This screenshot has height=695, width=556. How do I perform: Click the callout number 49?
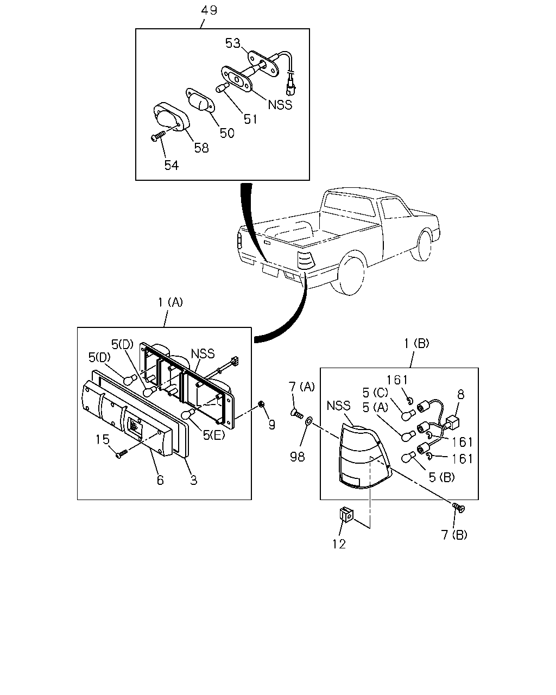tap(208, 10)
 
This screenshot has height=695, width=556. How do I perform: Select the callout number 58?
tap(201, 148)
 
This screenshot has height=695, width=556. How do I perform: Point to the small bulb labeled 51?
tap(223, 87)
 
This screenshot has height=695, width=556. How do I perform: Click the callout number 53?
tap(233, 43)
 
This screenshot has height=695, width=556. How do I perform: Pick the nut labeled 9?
tap(262, 403)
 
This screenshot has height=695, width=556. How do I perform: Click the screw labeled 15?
tap(122, 454)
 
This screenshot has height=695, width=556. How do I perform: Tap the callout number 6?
tap(160, 480)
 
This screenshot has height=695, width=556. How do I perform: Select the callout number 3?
tap(193, 480)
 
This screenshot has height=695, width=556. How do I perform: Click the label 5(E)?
tap(214, 435)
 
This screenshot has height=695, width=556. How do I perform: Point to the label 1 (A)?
tap(170, 302)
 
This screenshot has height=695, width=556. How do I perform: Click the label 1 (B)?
tap(416, 343)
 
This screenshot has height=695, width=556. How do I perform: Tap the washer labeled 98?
tap(308, 420)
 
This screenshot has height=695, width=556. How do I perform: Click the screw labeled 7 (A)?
tap(297, 413)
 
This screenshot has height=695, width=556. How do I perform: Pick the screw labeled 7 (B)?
tap(459, 507)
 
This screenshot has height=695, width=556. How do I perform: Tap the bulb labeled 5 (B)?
tap(408, 457)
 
